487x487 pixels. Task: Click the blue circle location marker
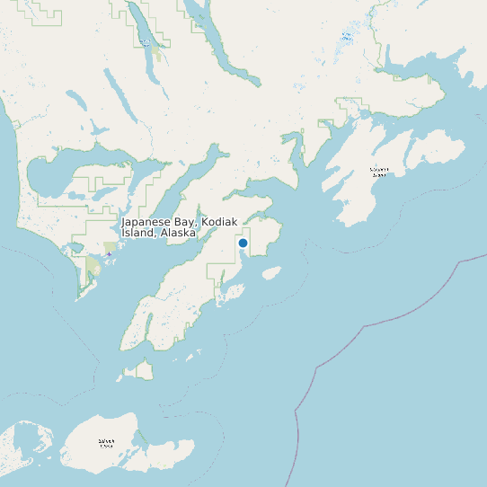coord(243,243)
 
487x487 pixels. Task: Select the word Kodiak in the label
coord(220,221)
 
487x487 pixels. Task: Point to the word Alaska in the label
coord(178,233)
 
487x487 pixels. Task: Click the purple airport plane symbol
coord(110,254)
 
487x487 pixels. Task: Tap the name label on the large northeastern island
coord(379,171)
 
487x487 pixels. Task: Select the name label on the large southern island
coord(106,442)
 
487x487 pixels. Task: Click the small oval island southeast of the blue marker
coord(271,271)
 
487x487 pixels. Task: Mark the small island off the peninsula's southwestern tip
coord(140,369)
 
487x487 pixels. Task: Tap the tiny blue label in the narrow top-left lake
coord(144,41)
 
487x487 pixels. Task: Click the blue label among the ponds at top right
coord(347,38)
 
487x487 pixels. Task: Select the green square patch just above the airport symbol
coord(110,246)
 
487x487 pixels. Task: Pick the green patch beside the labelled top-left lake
coord(156,54)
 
